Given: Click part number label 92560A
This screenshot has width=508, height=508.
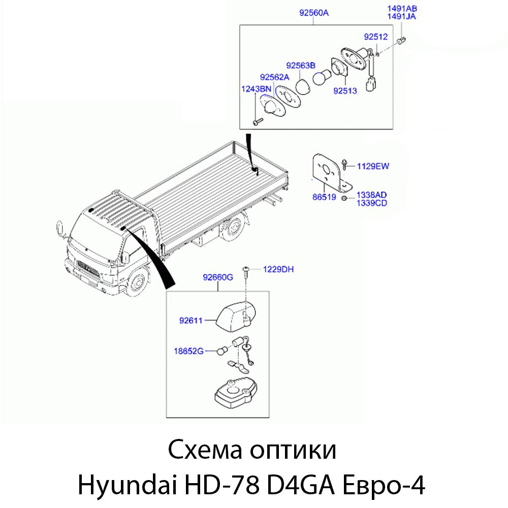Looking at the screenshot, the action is point(313,13).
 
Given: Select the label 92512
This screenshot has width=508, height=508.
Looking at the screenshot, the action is point(375,37).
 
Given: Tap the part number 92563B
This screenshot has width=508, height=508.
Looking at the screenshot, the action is point(300,66).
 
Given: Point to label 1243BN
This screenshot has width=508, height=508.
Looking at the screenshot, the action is point(256,89).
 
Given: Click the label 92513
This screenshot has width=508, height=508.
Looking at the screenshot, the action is point(345,91).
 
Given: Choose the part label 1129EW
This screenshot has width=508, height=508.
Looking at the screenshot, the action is point(373,167).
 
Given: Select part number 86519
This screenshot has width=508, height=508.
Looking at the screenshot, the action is point(324,197).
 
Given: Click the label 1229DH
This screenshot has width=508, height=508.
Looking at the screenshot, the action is point(278,270).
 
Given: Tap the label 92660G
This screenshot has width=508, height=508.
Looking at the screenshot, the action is point(218,278).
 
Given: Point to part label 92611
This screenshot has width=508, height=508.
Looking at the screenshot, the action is point(191,321).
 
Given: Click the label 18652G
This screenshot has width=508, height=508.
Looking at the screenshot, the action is point(188,351).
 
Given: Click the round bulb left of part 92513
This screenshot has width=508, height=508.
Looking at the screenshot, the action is point(322,78).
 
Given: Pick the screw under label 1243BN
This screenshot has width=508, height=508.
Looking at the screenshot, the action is point(258,122).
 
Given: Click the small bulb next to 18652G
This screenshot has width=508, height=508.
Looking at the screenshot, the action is point(221,351).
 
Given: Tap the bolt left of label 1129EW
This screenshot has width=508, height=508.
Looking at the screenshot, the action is point(344,165).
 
